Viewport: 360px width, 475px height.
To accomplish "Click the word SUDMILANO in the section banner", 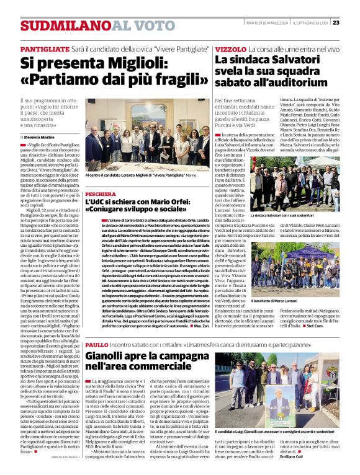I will click(66, 25).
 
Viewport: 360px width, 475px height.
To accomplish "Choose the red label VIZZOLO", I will click(230, 48).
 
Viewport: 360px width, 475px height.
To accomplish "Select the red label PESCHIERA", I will click(101, 194).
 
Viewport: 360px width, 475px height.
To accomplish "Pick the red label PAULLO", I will click(96, 344).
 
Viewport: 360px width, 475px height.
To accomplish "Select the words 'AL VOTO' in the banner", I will click(135, 25).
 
